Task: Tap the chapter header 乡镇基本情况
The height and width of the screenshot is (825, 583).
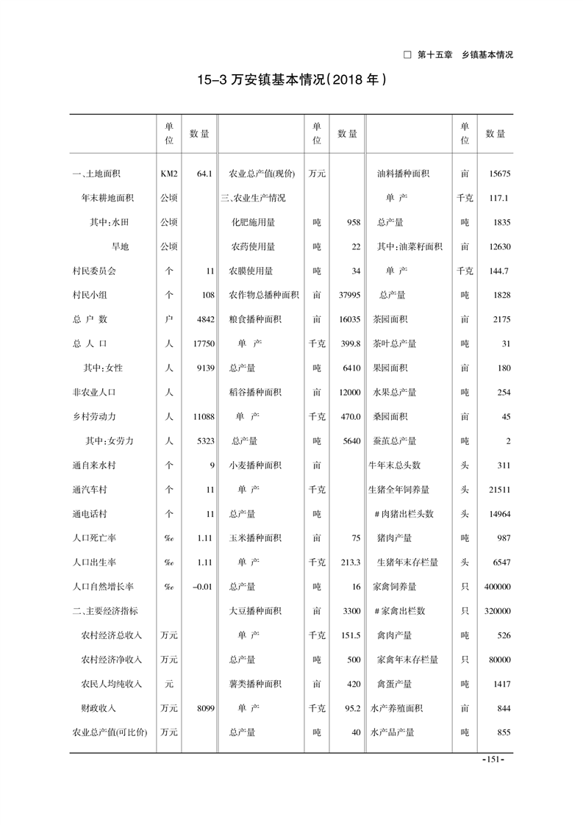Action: tap(487, 54)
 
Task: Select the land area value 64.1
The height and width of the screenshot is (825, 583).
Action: tap(204, 174)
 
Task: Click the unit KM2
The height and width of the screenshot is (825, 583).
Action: tap(169, 174)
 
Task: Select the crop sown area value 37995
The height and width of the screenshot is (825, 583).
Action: tap(349, 295)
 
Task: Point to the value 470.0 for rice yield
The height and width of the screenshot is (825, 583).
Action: tap(349, 416)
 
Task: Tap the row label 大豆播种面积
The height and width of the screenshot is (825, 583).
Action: tap(255, 611)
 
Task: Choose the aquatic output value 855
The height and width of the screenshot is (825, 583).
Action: tap(503, 732)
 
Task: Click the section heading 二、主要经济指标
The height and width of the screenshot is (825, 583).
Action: tap(104, 611)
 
